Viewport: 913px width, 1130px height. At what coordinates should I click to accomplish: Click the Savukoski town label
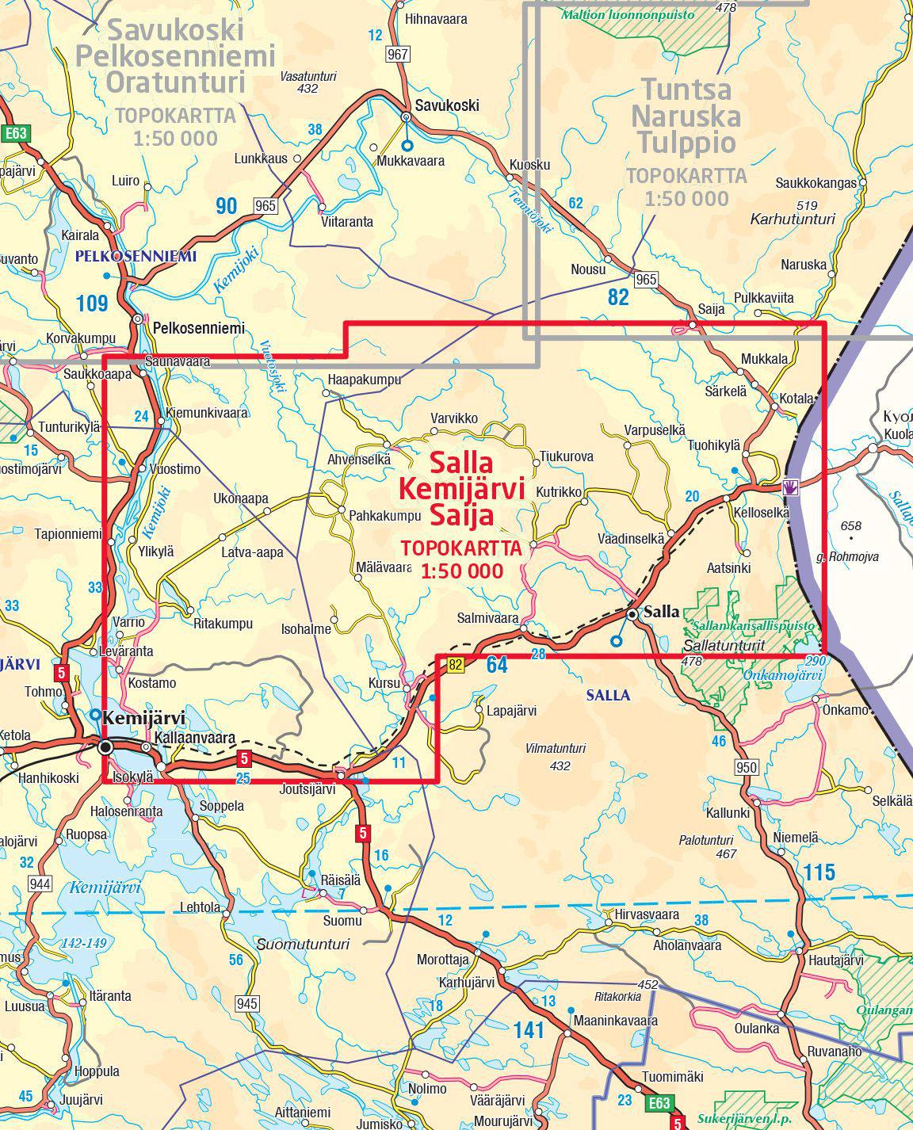(448, 105)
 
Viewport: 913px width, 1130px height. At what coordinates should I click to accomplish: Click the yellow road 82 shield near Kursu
(454, 666)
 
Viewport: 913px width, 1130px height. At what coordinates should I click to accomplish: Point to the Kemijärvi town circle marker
(105, 746)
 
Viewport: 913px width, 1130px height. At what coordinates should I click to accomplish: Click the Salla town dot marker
(632, 614)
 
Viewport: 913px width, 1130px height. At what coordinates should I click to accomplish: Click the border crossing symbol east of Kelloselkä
(789, 487)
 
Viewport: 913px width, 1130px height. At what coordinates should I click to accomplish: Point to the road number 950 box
(747, 767)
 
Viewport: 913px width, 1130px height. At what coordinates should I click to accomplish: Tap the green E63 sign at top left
(16, 133)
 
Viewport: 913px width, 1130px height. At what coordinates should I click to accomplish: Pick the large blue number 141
(529, 1030)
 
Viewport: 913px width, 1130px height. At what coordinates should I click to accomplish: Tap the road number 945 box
(247, 1004)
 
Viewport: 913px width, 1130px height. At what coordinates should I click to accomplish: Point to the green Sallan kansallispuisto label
(752, 625)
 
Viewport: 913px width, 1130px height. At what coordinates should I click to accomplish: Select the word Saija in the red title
(462, 516)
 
